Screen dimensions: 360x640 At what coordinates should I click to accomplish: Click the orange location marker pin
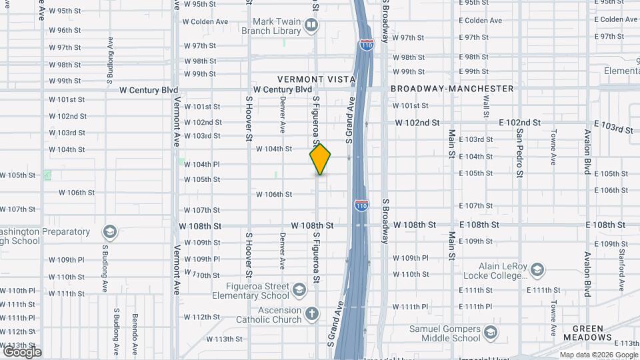point(320,159)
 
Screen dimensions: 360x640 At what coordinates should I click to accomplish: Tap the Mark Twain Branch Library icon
point(311,26)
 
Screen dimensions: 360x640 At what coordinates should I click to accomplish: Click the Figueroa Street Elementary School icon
point(299,290)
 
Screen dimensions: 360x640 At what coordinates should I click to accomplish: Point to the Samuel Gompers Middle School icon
point(491,333)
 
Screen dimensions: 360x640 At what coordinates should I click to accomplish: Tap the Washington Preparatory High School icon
point(109,232)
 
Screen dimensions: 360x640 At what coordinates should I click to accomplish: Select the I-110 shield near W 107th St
point(361,205)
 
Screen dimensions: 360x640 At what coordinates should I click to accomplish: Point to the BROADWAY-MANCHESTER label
point(452,89)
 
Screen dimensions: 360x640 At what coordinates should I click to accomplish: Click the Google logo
point(22,352)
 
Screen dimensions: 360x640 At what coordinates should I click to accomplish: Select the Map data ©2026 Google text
point(598,355)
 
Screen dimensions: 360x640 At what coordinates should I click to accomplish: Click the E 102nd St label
point(519,123)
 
